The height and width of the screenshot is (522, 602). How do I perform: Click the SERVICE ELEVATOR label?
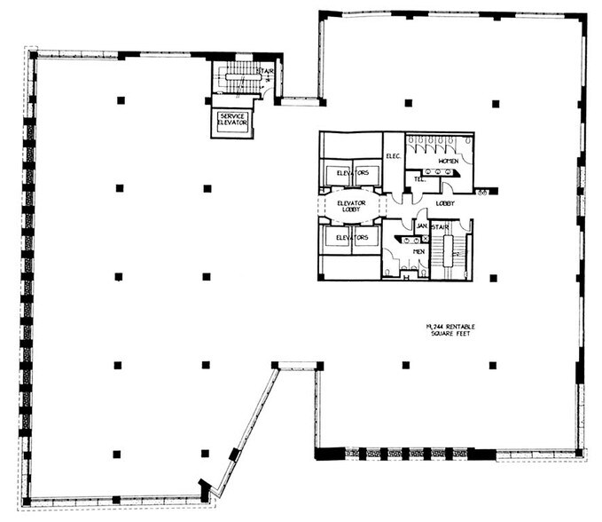[232, 119]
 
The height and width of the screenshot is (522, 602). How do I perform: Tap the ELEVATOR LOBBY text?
[351, 207]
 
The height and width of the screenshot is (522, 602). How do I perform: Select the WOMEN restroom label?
[448, 161]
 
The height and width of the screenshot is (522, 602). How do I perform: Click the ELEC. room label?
[394, 156]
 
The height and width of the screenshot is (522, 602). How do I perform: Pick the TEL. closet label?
[419, 179]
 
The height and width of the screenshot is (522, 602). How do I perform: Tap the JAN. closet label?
[422, 226]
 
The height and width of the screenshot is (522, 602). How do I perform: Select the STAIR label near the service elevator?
[264, 71]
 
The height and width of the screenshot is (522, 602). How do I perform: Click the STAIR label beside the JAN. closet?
[441, 226]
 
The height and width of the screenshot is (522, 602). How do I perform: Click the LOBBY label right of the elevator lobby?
[445, 203]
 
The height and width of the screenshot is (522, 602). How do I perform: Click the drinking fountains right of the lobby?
[482, 191]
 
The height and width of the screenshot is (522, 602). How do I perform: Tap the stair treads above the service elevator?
[239, 80]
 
